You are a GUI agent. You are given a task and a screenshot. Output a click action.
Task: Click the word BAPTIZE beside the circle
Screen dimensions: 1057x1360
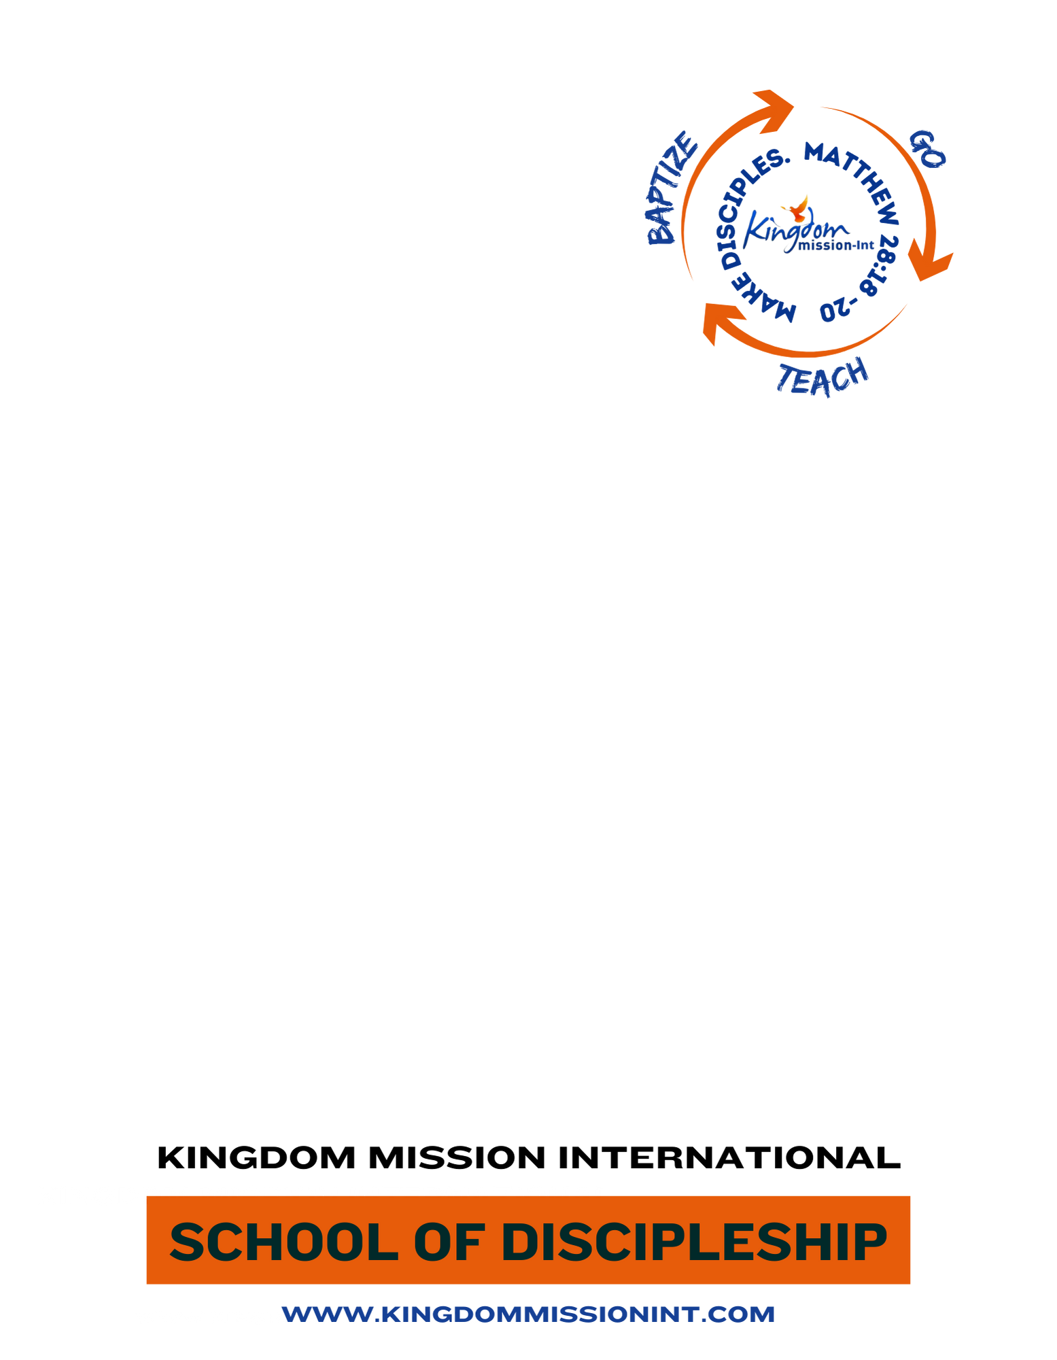click(x=671, y=188)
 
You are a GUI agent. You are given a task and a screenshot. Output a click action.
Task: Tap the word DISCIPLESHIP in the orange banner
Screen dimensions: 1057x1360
click(x=694, y=1242)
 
